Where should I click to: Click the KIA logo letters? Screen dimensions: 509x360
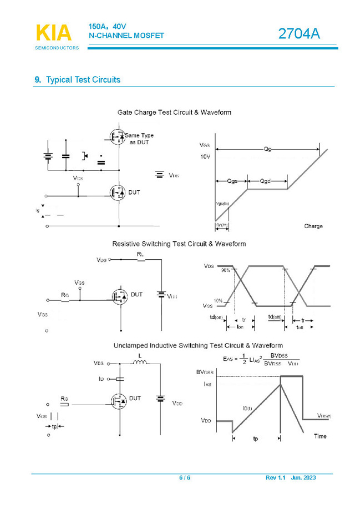tap(54, 33)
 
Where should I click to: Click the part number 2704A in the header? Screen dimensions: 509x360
tap(299, 33)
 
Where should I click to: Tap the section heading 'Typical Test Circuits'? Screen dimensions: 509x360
tap(83, 79)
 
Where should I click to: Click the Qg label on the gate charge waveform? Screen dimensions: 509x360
tap(267, 149)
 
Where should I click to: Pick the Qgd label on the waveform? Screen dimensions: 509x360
tap(267, 181)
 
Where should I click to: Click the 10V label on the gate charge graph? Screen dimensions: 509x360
tap(205, 157)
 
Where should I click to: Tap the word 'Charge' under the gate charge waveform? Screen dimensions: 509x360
tap(313, 226)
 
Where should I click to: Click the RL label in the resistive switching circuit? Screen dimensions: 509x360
tap(140, 254)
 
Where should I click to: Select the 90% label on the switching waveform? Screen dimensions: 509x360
tap(226, 270)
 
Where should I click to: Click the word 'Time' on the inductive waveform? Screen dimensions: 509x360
tap(320, 436)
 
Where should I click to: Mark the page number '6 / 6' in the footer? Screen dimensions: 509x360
tap(185, 478)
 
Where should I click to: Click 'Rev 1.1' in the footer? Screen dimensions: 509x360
tap(275, 478)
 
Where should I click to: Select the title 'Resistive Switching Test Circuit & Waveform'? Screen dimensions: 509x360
tap(179, 244)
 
